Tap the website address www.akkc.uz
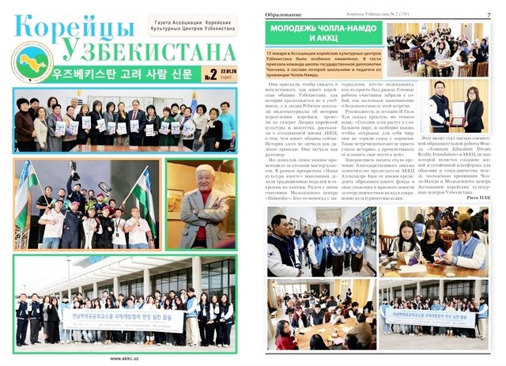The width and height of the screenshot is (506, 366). (x=126, y=357)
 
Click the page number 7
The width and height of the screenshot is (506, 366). (x=489, y=13)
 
